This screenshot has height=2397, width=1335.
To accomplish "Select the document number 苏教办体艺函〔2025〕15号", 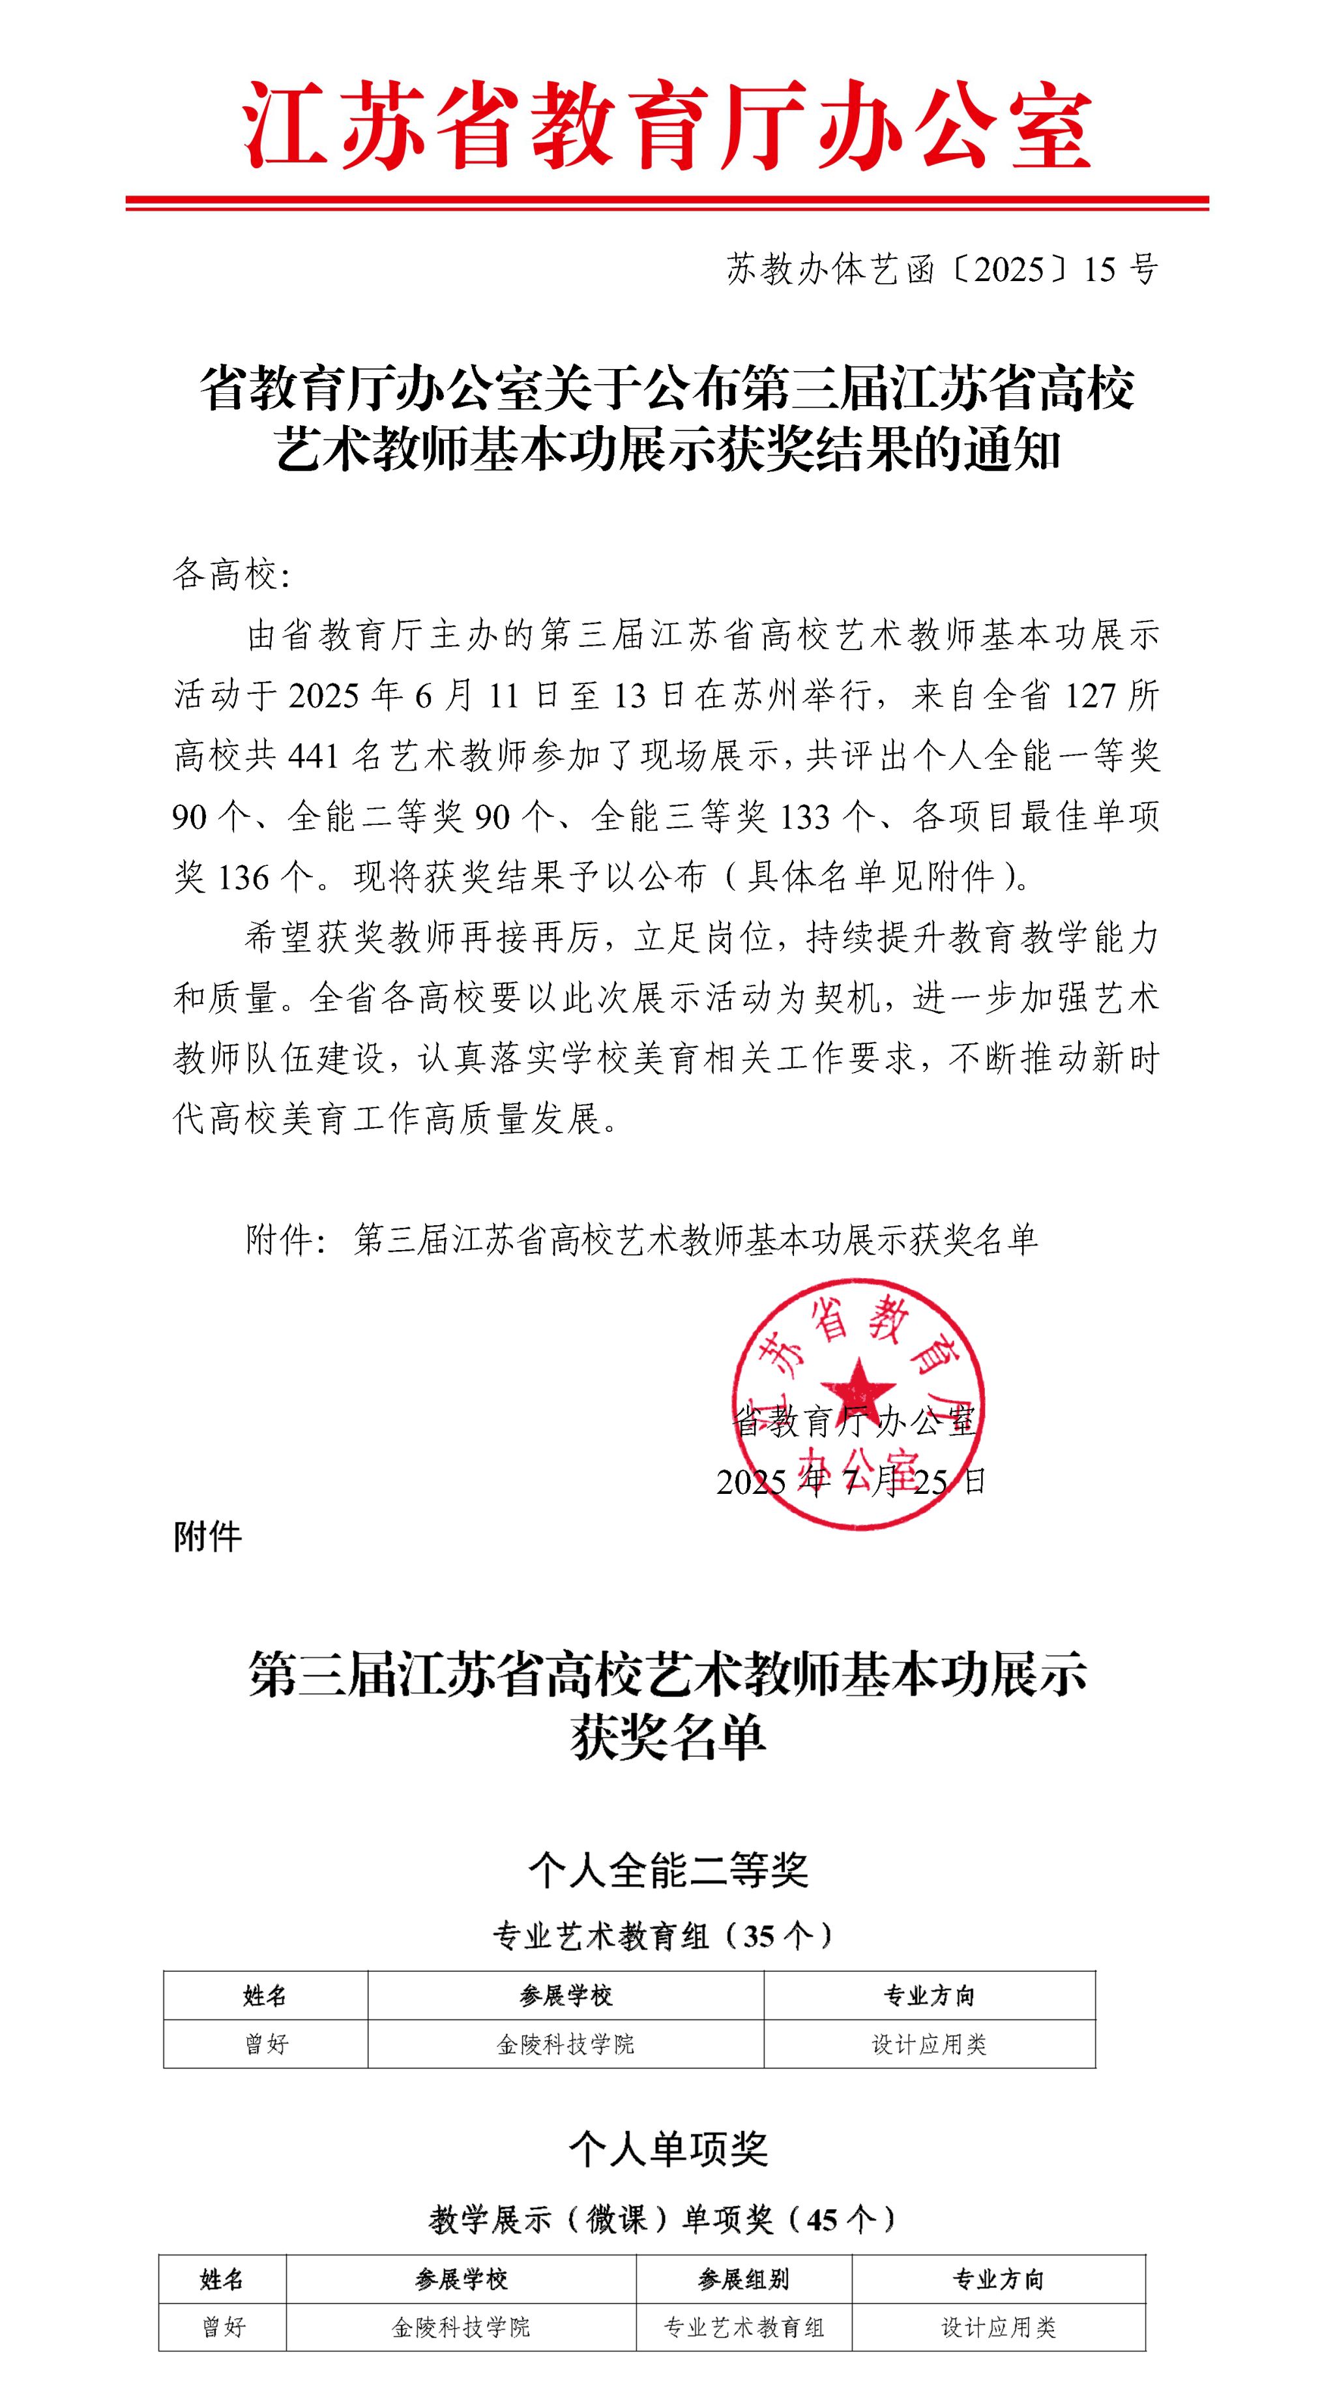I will tap(941, 270).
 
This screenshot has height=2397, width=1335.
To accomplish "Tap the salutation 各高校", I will tap(231, 575).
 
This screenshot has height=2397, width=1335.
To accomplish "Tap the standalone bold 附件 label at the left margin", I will tap(207, 1537).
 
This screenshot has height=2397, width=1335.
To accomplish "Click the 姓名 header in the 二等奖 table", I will tap(265, 1996).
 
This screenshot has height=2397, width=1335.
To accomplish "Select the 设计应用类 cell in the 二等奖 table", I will tap(928, 2044).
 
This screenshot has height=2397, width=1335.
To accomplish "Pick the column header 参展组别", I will tap(743, 2279).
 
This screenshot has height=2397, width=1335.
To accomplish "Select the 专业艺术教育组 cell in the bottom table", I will tap(743, 2327).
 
